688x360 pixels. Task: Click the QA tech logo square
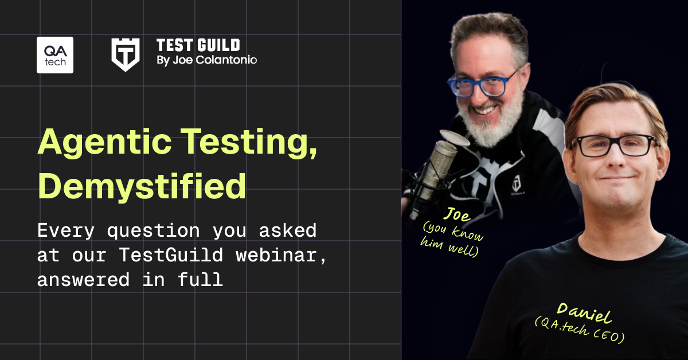(55, 55)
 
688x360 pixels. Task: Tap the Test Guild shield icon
(126, 54)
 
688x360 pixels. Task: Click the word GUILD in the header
(218, 45)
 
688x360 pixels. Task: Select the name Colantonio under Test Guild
(226, 60)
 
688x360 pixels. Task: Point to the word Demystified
(142, 187)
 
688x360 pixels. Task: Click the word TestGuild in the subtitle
(171, 255)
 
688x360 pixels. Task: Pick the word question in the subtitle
(154, 231)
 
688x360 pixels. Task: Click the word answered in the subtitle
(83, 280)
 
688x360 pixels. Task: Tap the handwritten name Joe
(457, 214)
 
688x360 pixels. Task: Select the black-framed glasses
(613, 145)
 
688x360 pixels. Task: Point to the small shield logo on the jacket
(517, 183)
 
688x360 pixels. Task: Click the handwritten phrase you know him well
(452, 240)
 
